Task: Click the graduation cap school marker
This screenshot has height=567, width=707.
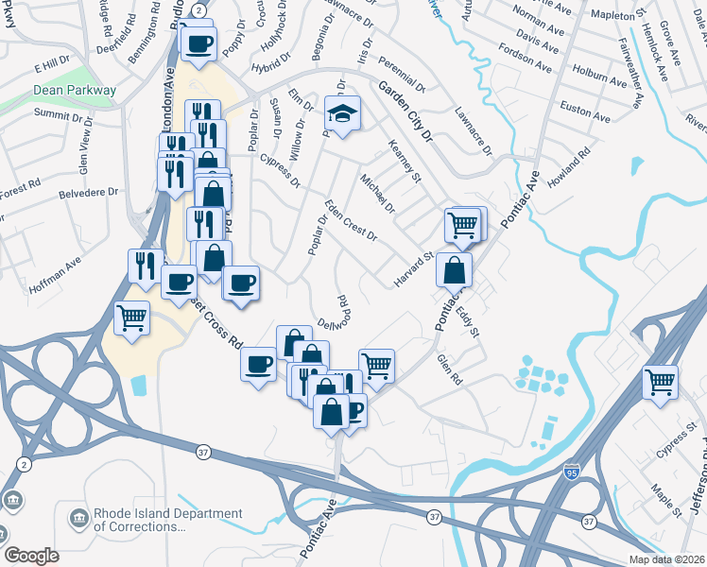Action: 341,114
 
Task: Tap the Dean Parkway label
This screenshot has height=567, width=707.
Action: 75,91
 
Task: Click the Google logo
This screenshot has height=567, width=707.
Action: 31,556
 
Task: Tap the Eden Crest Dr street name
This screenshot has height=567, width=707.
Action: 351,220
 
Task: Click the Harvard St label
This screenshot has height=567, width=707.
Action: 413,270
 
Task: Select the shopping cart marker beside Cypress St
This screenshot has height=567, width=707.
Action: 660,382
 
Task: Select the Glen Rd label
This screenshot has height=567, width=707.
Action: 449,368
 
